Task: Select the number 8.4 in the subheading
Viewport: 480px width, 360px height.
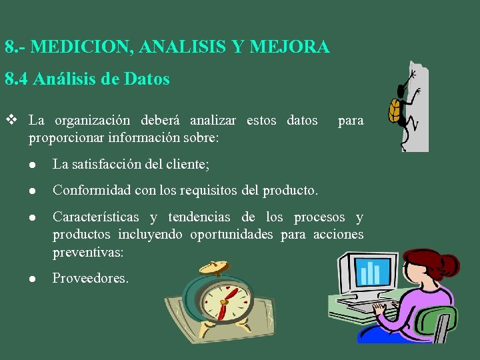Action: coord(17,79)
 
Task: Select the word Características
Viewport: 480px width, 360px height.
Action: coord(96,217)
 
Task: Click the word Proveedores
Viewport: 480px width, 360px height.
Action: coord(91,278)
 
